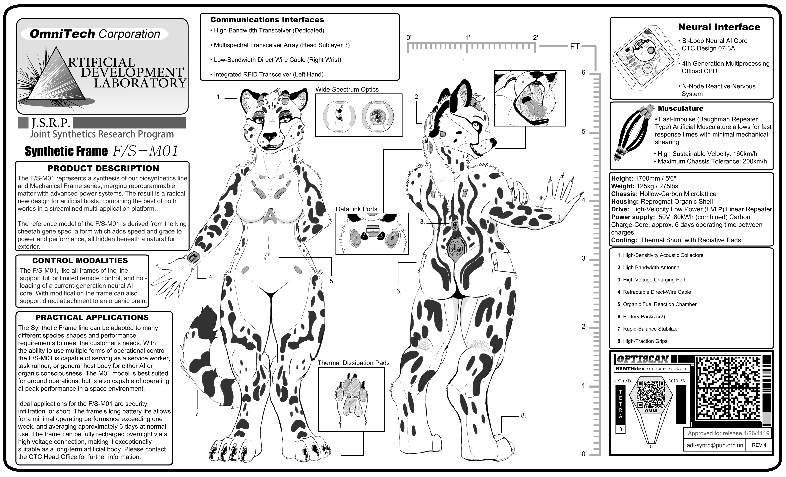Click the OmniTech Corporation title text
[95, 34]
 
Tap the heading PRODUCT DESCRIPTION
[103, 168]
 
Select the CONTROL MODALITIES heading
[80, 261]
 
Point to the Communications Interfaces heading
[267, 20]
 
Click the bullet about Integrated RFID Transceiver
[267, 74]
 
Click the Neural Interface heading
[719, 27]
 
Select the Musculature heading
[680, 108]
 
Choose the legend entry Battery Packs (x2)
[641, 317]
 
